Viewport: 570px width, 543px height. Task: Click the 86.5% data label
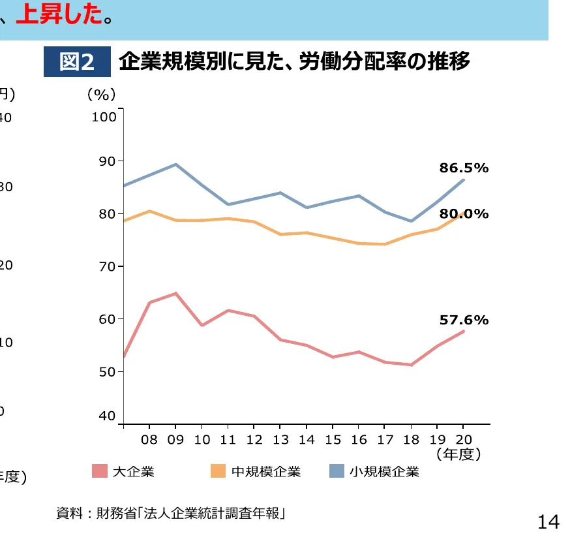464,168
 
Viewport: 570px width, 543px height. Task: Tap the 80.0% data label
464,213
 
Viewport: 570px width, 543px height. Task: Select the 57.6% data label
464,320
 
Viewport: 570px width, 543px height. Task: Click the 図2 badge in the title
77,62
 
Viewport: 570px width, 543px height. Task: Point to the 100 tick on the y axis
104,117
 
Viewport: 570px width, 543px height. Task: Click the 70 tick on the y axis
106,266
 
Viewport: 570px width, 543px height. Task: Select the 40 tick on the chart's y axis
106,416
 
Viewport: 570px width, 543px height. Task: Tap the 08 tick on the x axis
149,439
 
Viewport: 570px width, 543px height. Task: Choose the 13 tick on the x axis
280,439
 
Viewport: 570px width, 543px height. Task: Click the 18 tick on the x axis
411,439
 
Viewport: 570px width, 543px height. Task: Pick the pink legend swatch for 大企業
99,471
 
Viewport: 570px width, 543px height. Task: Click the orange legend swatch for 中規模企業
218,471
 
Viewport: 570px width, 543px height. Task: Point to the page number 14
548,521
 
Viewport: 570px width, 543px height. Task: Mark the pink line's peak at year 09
175,294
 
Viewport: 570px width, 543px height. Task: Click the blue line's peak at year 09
175,164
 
